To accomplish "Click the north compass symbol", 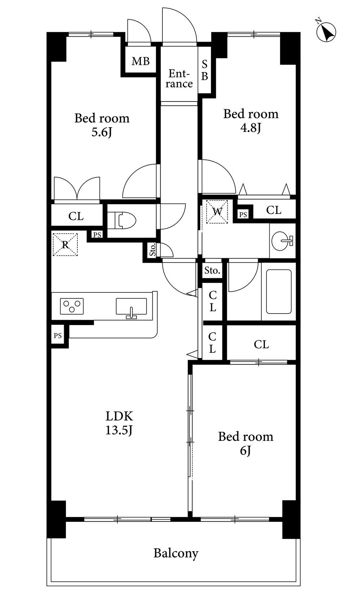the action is [326, 31].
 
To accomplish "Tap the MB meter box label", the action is [141, 61].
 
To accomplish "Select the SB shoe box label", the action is [204, 70].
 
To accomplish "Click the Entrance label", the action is [179, 78].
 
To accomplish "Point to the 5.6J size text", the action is [102, 132].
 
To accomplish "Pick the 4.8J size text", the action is [251, 128].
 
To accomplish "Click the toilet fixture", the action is [122, 220].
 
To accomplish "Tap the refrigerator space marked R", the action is [65, 244].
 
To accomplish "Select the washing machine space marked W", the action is [217, 212].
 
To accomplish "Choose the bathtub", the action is [279, 292].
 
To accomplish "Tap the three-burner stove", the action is [72, 306].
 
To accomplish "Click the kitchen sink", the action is [131, 307].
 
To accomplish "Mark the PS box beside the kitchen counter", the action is [58, 336].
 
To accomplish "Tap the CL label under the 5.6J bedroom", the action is [76, 216].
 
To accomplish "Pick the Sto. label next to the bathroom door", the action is [212, 271].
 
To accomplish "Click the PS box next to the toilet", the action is [97, 235].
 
